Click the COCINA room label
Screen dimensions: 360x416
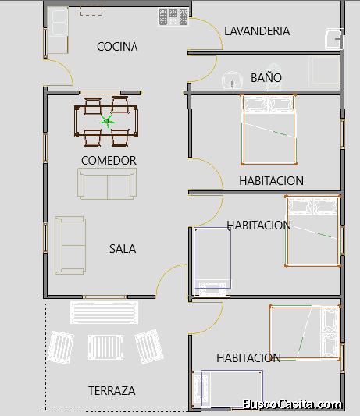click(x=117, y=47)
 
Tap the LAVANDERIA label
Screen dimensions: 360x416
click(x=257, y=31)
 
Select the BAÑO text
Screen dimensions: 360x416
click(x=266, y=77)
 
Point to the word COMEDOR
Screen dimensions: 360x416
click(x=109, y=161)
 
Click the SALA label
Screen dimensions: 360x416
click(x=123, y=249)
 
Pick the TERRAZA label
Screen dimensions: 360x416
click(x=112, y=391)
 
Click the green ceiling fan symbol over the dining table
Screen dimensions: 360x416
click(x=107, y=121)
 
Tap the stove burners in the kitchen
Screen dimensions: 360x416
click(x=173, y=17)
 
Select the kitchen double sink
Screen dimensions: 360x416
click(x=58, y=22)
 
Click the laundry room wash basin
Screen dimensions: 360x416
click(x=334, y=39)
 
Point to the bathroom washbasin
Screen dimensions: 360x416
click(x=232, y=80)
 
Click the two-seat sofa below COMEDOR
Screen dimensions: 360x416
click(x=107, y=183)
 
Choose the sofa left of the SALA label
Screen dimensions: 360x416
click(x=70, y=245)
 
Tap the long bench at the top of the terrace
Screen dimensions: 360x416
click(x=104, y=312)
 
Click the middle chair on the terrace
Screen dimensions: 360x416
click(x=105, y=347)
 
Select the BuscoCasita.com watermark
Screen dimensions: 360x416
click(x=292, y=404)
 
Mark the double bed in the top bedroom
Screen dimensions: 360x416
click(x=269, y=130)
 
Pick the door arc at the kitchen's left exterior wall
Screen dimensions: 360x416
click(x=64, y=69)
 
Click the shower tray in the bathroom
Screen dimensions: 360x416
click(x=324, y=72)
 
